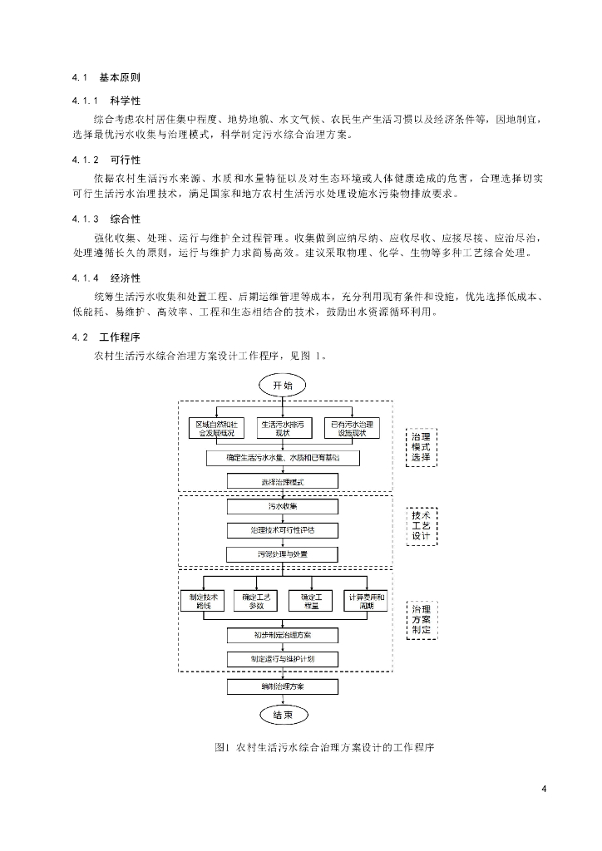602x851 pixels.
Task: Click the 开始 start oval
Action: tap(283, 385)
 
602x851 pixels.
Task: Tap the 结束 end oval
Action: tap(283, 715)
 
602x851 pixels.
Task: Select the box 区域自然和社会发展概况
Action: tap(215, 428)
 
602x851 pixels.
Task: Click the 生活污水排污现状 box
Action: tap(283, 428)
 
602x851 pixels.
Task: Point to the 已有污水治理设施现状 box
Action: tap(352, 428)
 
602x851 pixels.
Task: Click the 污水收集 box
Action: tap(283, 505)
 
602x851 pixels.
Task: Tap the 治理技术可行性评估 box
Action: tap(283, 529)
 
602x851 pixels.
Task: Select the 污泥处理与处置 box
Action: tap(283, 553)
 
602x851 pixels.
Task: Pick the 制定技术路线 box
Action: tap(203, 601)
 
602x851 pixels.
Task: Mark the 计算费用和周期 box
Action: tap(367, 601)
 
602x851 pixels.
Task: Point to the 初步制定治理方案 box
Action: tap(283, 635)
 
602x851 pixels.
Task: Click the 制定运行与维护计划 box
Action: tap(283, 659)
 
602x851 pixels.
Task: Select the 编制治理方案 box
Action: tap(283, 686)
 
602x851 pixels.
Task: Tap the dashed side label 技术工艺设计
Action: tap(422, 525)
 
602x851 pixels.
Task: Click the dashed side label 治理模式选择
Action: tap(422, 447)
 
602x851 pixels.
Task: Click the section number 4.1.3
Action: tap(86, 219)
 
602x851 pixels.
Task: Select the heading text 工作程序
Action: tap(119, 337)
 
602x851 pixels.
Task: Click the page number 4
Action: tap(543, 789)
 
